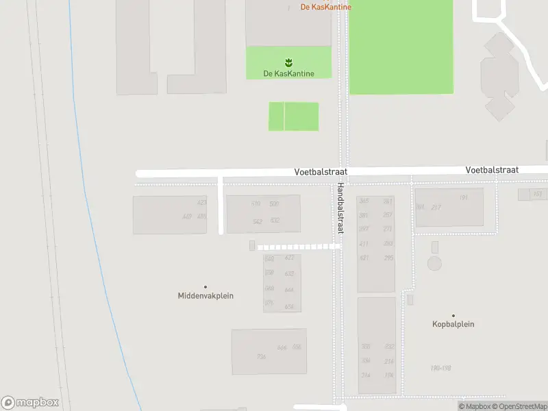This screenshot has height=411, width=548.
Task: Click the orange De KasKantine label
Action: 326,7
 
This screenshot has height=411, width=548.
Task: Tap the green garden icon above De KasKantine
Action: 288,62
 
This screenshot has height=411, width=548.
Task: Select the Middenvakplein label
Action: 206,296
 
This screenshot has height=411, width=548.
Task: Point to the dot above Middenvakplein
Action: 205,287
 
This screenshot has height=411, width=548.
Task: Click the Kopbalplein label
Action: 453,324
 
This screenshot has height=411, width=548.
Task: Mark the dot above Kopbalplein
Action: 453,316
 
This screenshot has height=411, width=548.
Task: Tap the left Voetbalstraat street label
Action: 322,173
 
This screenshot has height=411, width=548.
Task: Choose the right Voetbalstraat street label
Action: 492,169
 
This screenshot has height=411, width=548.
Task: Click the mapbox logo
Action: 30,403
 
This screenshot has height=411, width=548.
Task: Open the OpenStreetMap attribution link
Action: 522,406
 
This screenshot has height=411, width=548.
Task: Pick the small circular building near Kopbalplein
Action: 434,263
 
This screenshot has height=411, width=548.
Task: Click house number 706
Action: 261,356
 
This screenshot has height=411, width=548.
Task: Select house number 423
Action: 201,203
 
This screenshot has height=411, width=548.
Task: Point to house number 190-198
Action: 440,368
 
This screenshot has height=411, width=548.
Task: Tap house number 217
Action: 436,208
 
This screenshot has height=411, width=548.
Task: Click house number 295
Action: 389,258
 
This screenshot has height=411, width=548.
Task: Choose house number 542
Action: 258,221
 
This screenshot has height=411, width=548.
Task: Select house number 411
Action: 364,244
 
